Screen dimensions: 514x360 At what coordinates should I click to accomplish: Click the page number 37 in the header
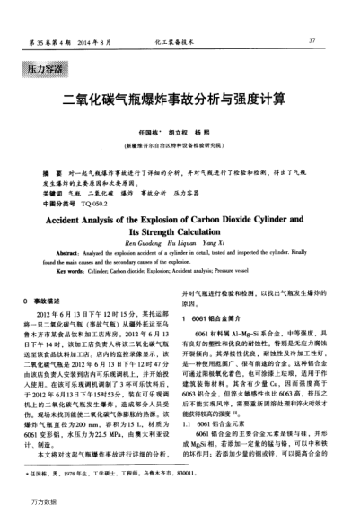point(312,40)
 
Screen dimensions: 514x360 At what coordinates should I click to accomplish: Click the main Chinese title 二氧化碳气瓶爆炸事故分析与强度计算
point(180,99)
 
